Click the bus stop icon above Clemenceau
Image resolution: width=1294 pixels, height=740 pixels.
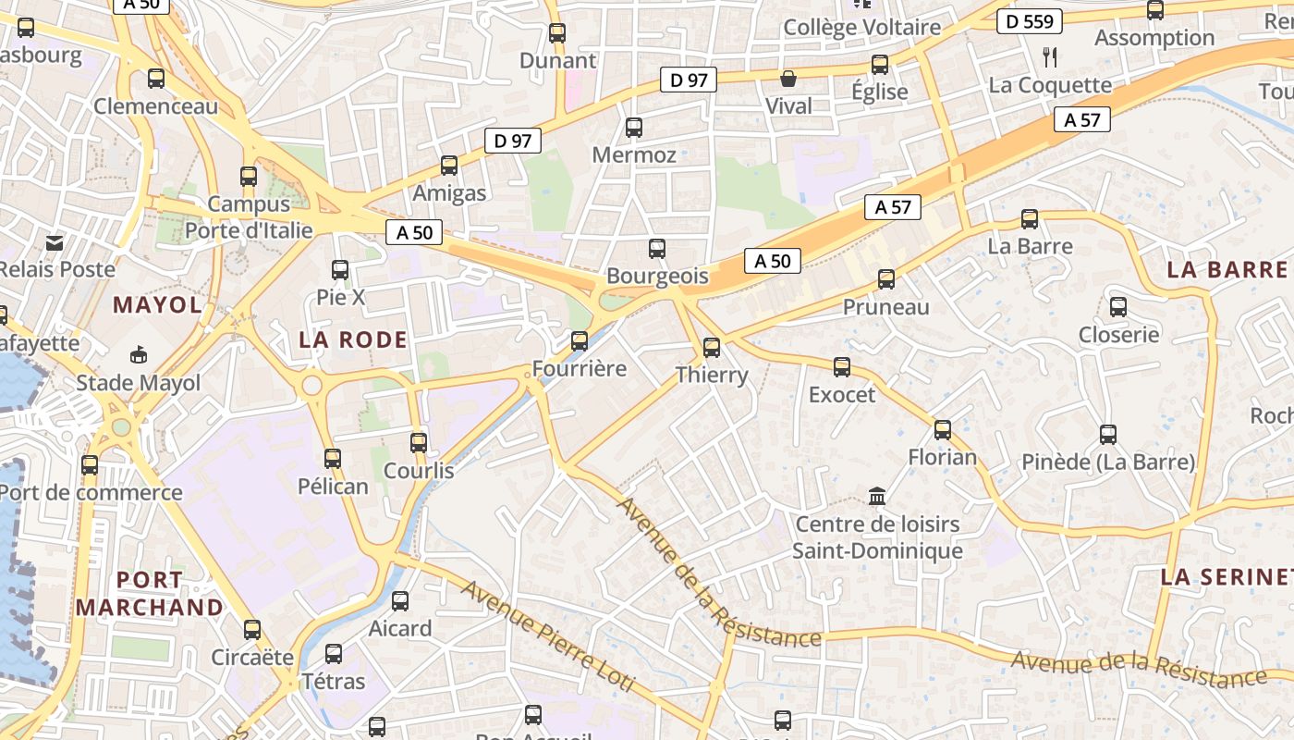pos(156,79)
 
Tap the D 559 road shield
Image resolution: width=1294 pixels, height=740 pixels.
pos(1030,21)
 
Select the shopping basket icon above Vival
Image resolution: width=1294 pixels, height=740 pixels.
pos(788,79)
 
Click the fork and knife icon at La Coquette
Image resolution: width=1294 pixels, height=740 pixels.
pos(1049,57)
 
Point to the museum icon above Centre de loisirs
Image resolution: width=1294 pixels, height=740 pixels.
pos(877,497)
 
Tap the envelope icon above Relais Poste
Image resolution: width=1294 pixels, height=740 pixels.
pos(55,242)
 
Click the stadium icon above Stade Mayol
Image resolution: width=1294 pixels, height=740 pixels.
pos(139,354)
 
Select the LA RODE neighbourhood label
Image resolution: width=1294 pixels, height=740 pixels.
pos(353,339)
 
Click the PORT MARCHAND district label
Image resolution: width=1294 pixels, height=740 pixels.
pos(150,594)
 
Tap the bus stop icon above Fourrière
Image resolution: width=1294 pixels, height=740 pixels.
pos(580,341)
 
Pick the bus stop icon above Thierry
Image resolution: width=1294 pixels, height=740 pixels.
pos(712,348)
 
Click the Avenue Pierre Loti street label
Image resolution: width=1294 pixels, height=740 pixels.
pos(548,636)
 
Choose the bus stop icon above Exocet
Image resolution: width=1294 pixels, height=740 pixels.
pos(842,367)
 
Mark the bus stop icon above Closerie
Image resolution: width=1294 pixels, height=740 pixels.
pos(1118,307)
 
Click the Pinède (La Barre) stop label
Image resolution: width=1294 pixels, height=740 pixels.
pos(1108,461)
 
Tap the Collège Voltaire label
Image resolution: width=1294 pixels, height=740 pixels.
pos(861,28)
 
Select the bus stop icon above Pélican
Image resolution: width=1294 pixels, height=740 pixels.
pos(333,458)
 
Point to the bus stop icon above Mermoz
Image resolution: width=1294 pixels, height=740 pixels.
pos(634,128)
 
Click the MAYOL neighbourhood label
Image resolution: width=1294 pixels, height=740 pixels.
pos(157,305)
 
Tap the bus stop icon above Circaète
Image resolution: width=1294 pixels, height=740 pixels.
pos(252,630)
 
